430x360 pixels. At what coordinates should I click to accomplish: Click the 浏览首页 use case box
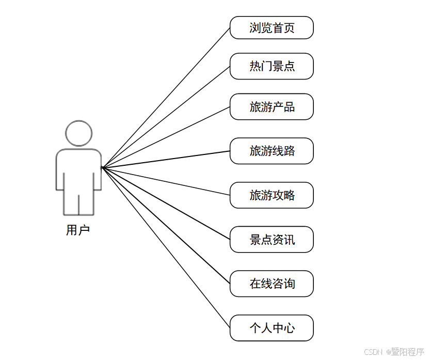point(272,27)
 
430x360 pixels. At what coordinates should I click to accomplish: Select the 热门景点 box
point(272,66)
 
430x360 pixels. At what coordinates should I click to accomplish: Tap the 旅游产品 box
point(272,107)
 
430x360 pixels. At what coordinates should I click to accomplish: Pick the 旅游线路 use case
point(272,151)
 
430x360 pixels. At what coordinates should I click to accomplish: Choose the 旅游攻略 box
point(272,195)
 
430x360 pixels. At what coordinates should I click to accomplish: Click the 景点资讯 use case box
point(272,240)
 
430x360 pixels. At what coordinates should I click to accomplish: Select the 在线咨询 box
point(272,284)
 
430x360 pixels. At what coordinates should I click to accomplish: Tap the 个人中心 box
point(272,328)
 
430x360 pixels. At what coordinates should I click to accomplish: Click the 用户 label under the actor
point(78,230)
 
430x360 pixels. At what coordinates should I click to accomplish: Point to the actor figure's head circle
point(78,133)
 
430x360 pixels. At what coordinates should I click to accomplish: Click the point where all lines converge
point(102,167)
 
